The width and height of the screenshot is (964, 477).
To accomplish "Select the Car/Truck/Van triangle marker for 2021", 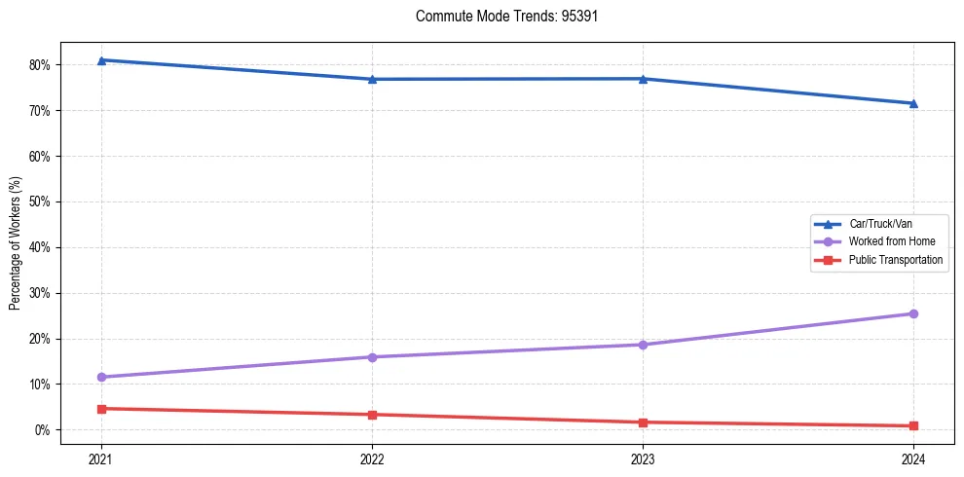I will [x=101, y=60].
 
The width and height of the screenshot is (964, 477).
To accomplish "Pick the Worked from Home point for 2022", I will [x=372, y=357].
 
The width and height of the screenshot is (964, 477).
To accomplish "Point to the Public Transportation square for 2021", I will [x=101, y=409].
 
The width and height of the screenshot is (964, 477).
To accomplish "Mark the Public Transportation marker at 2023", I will [x=643, y=422].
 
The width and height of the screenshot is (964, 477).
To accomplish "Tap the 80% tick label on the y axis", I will [x=40, y=65].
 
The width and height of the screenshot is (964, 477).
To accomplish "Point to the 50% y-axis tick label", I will [x=40, y=202].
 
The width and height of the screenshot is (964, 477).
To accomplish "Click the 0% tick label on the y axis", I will [x=43, y=430].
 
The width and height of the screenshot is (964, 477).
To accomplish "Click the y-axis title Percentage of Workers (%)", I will [x=16, y=242].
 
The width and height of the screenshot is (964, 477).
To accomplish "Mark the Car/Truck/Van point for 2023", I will [x=643, y=79].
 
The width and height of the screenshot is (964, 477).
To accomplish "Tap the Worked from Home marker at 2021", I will [x=101, y=377].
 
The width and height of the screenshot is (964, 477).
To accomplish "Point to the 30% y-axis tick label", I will [x=40, y=293].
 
